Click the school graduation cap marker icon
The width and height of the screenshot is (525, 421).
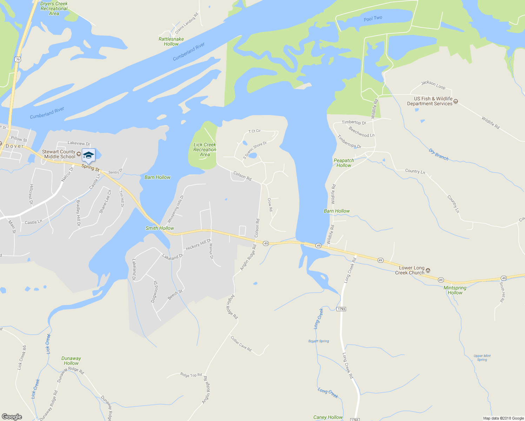click(x=88, y=155)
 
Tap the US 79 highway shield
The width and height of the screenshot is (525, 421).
click(x=18, y=59)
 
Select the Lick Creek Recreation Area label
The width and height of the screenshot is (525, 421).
click(x=205, y=149)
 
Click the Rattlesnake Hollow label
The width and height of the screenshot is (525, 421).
click(x=171, y=41)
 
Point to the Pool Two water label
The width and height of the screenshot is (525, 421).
click(x=373, y=18)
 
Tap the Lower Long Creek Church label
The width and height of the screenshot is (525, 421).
click(x=411, y=270)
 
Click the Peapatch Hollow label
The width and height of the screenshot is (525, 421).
click(x=344, y=163)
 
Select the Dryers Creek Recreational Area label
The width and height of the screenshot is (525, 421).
click(x=54, y=8)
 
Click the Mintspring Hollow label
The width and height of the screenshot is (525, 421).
click(x=455, y=290)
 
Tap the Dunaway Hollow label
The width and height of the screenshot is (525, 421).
click(x=71, y=361)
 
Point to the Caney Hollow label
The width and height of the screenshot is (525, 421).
click(x=328, y=417)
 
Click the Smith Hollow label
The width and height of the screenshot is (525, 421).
click(x=160, y=228)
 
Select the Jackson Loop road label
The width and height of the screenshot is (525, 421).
click(x=433, y=85)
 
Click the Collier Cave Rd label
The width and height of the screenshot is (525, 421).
click(x=241, y=344)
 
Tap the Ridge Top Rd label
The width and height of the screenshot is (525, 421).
click(x=191, y=375)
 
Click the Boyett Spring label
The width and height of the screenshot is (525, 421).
click(x=319, y=341)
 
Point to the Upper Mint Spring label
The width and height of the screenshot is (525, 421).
click(x=482, y=357)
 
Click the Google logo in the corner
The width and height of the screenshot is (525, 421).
click(x=12, y=416)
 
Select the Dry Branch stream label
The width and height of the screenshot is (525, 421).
click(x=438, y=155)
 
